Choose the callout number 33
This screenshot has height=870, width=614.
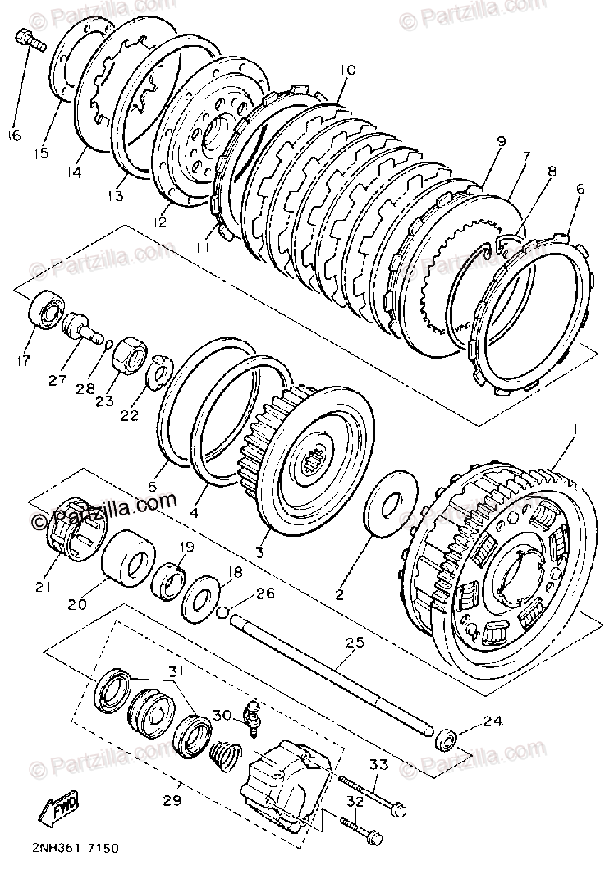(377, 765)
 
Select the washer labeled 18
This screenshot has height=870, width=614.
(200, 598)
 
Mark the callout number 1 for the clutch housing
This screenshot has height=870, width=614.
(576, 429)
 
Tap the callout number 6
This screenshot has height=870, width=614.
(580, 189)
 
